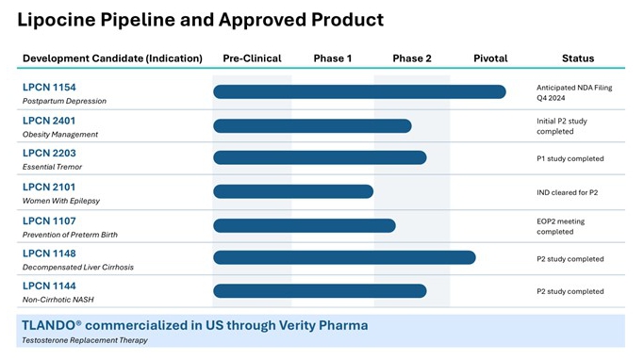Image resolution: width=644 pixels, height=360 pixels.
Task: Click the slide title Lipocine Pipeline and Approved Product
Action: tap(201, 20)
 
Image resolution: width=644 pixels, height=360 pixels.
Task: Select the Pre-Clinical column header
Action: tap(252, 58)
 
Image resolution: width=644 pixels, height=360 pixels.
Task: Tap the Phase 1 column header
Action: tap(333, 58)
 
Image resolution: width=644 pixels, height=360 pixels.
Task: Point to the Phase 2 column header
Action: tap(412, 58)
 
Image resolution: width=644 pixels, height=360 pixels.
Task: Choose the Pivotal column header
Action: tap(490, 58)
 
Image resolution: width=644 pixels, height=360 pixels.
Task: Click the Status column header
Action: tap(578, 58)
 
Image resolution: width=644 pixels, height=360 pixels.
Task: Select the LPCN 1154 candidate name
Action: tap(49, 88)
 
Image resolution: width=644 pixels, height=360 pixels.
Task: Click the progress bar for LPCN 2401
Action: tap(312, 126)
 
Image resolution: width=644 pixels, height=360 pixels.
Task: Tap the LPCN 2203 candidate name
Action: tap(49, 153)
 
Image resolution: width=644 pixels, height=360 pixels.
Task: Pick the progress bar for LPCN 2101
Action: tap(293, 191)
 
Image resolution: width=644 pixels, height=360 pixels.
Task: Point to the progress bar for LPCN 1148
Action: tap(344, 257)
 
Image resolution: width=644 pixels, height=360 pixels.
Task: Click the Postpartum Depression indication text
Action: tap(64, 101)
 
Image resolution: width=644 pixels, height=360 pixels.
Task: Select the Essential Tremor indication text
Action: tap(52, 167)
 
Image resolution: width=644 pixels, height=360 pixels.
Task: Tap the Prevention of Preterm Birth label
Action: tap(70, 235)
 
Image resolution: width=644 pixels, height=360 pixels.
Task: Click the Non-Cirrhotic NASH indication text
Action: tap(58, 300)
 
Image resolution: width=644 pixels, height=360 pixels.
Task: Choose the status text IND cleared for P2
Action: tap(568, 192)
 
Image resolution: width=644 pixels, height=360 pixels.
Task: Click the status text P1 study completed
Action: tap(570, 159)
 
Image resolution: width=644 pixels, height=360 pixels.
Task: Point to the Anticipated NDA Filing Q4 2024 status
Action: tap(574, 92)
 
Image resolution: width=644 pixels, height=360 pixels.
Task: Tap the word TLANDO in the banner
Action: tap(48, 325)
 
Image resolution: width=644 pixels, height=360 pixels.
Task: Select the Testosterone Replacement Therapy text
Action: tap(85, 340)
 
